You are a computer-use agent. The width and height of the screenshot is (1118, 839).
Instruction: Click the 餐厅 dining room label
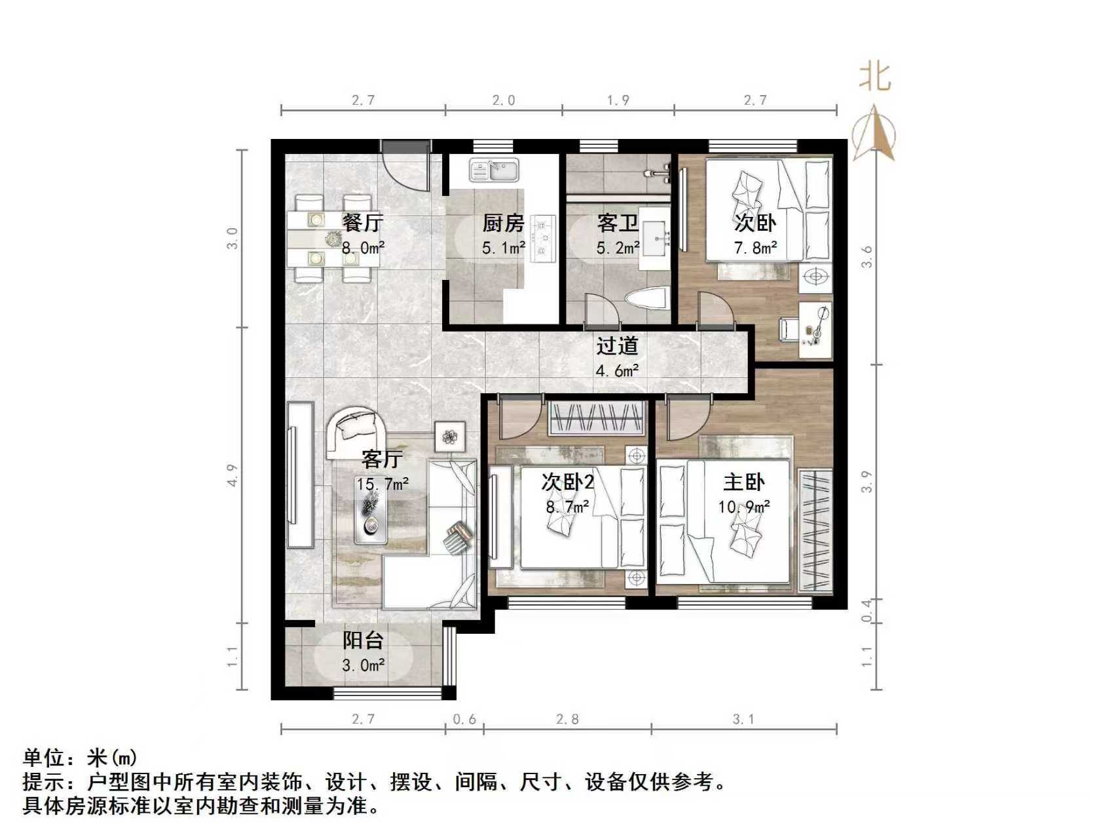point(362,223)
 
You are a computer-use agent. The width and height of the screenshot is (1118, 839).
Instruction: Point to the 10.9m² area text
point(743,507)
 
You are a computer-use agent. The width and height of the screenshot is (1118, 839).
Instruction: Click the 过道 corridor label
point(617,346)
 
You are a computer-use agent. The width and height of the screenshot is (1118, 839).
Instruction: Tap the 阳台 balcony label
point(363,640)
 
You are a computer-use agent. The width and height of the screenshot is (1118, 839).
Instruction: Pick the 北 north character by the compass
point(875,76)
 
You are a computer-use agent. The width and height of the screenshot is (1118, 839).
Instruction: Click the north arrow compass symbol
point(874,133)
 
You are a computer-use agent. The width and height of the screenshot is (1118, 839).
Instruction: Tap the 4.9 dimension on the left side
point(233,475)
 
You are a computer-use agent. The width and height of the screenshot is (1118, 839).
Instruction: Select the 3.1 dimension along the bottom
point(743,720)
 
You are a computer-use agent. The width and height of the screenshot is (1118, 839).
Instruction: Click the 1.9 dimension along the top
point(618,100)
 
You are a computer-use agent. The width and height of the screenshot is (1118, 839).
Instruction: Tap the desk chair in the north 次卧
point(788,328)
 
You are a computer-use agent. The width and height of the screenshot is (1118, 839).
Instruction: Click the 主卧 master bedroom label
point(743,483)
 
